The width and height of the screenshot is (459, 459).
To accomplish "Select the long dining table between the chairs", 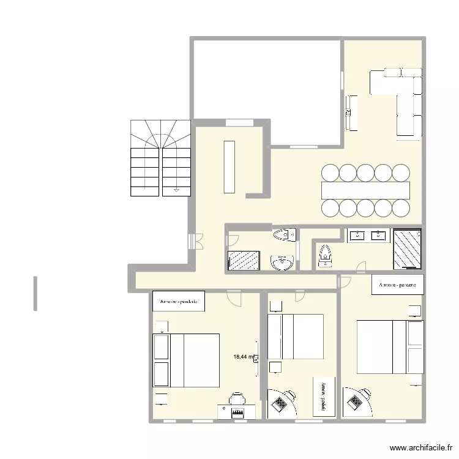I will [365, 190].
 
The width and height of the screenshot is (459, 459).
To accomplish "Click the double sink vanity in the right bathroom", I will [369, 235].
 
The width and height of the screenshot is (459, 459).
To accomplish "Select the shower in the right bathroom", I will [408, 248].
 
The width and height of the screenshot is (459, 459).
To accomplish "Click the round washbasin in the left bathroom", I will [282, 263].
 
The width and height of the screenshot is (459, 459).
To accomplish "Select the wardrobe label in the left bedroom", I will [179, 301].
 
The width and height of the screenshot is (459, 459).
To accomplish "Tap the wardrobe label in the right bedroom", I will [398, 285].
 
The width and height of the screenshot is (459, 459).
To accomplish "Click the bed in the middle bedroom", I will [296, 337].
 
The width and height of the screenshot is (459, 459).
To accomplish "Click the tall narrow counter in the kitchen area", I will [229, 166].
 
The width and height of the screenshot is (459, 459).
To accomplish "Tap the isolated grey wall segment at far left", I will [36, 294].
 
